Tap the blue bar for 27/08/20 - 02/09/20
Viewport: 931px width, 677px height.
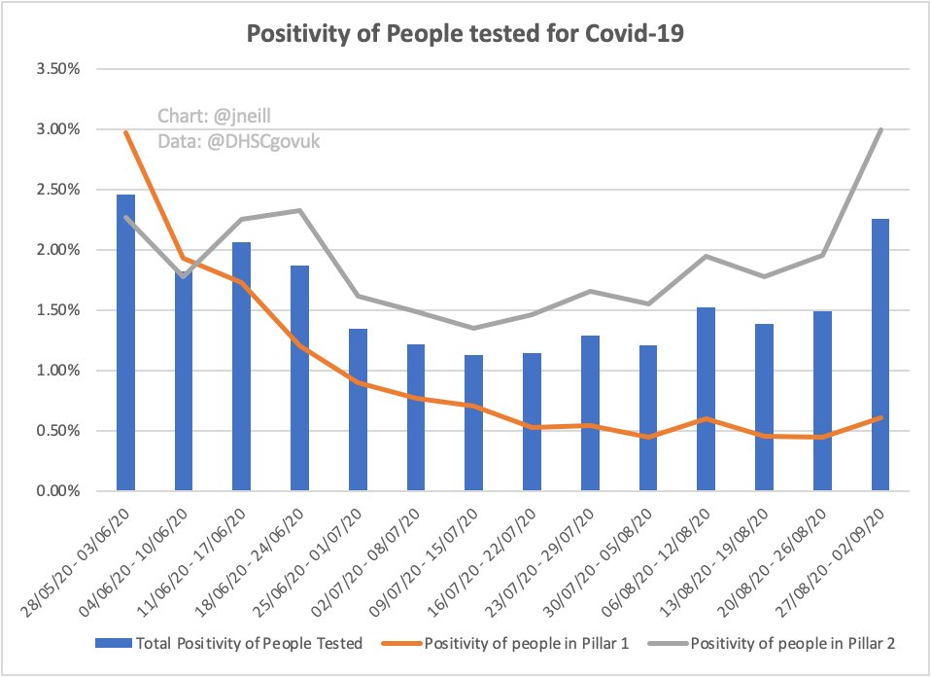(x=880, y=355)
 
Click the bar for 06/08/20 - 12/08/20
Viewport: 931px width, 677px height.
(x=707, y=399)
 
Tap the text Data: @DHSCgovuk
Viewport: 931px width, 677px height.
(x=239, y=141)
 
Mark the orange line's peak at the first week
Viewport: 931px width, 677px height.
(x=125, y=130)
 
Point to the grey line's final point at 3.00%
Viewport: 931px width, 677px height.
(x=880, y=129)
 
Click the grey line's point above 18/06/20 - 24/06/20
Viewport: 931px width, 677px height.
(x=299, y=210)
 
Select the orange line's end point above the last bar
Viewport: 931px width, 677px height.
(x=880, y=417)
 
